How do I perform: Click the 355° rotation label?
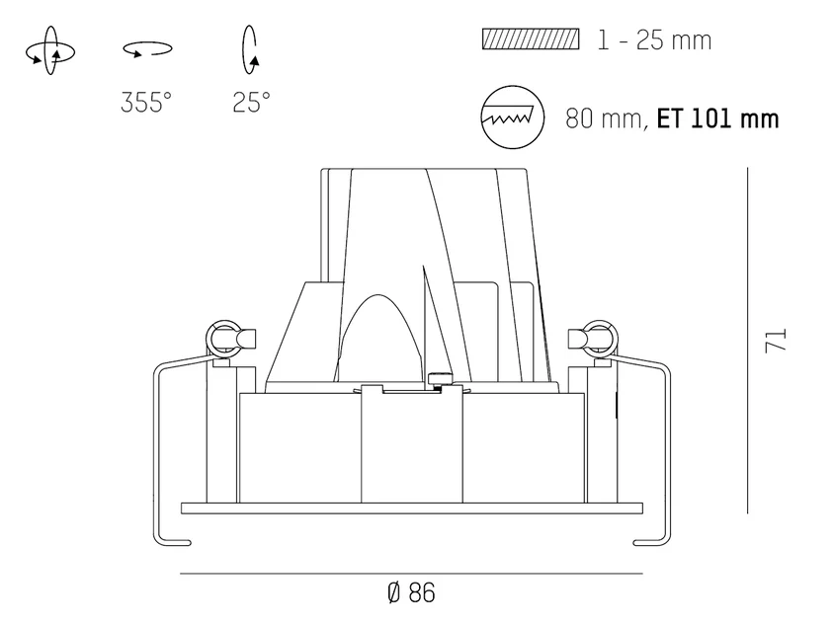point(146,102)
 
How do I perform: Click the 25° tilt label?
point(251,102)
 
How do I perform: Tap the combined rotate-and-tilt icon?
point(50,50)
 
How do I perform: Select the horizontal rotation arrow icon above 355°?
point(147,49)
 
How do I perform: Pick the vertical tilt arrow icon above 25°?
point(250,49)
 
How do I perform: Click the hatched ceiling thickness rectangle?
point(531,39)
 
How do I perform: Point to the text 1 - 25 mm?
point(654,40)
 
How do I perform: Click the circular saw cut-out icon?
point(512,117)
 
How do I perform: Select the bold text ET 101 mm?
point(718,118)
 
